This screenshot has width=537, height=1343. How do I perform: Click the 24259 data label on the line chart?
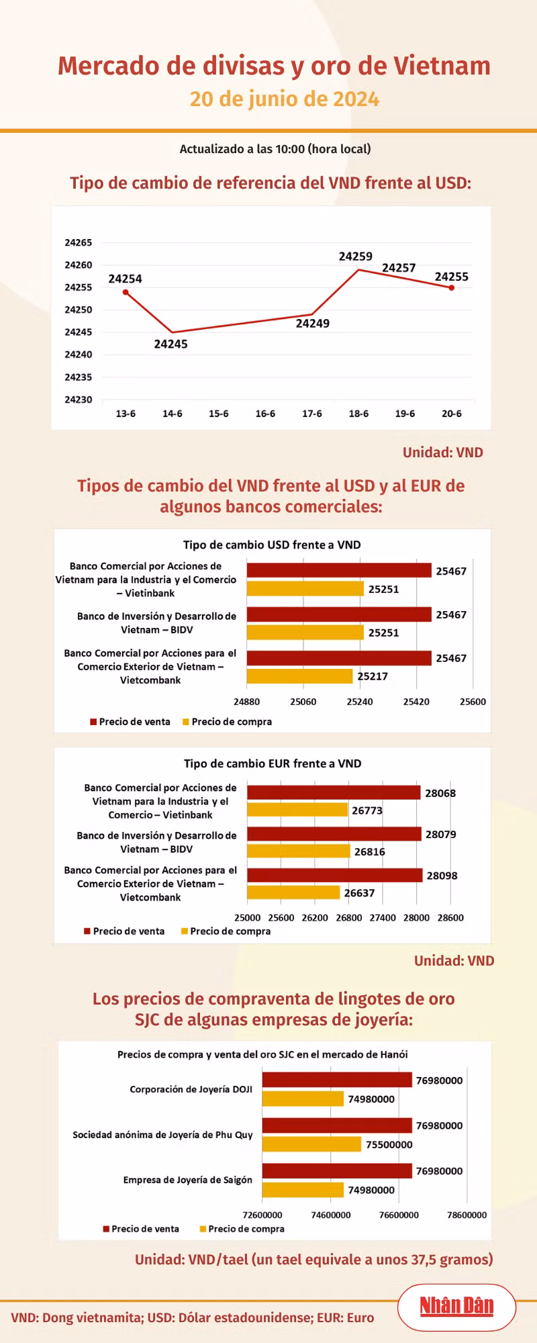[355, 257]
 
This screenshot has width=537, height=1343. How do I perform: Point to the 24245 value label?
[170, 344]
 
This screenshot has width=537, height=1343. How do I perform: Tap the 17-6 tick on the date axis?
[311, 414]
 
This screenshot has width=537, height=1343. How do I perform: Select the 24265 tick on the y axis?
[79, 242]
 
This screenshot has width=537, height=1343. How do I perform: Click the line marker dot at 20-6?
[452, 288]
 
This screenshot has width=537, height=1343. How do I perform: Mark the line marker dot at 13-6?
[126, 292]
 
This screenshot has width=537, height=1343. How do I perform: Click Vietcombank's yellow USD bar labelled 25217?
[299, 676]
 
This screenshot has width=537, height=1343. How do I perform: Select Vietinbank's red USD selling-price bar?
[339, 571]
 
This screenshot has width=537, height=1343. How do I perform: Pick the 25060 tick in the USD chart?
[303, 702]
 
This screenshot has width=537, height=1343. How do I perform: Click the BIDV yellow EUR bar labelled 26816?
[299, 851]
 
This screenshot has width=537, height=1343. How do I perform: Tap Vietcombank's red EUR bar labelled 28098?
[334, 876]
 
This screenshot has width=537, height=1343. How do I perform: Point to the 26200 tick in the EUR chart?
[315, 918]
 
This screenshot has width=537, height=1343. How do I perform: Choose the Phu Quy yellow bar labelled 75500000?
[311, 1144]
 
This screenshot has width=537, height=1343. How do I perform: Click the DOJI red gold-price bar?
[337, 1080]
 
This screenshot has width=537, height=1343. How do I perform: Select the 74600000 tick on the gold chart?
[331, 1215]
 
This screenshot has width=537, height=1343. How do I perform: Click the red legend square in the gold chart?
[106, 1229]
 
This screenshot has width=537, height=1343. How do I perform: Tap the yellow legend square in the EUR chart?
[184, 931]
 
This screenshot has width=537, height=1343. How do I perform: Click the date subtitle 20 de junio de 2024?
[285, 99]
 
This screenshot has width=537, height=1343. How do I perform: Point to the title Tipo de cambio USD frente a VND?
[272, 545]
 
